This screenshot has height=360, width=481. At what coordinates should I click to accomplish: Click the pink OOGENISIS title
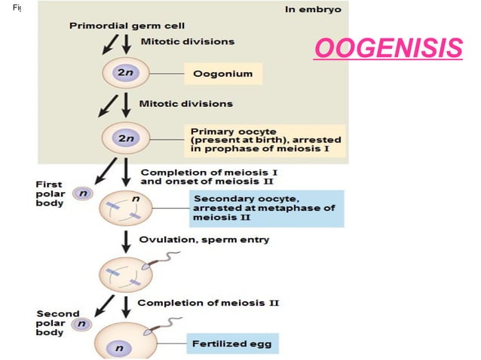388,49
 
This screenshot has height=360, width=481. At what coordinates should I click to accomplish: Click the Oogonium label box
223,74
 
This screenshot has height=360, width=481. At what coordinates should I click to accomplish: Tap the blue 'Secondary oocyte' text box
265,208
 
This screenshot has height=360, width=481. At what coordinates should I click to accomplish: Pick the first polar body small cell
80,194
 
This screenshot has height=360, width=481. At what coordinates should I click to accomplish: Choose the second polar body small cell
80,325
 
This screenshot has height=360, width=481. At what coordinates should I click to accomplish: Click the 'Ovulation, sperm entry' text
204,239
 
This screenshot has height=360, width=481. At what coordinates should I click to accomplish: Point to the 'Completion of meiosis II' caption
209,303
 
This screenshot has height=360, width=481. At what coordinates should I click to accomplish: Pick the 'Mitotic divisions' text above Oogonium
186,41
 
